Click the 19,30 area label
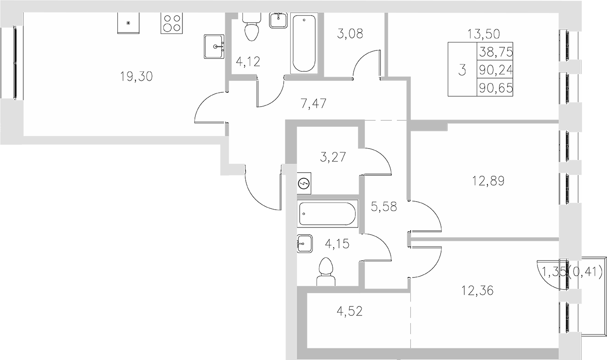coord(136,77)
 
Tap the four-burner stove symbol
coord(171,23)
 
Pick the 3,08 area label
coord(350,33)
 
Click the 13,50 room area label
coord(483,33)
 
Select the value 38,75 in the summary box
coord(495,52)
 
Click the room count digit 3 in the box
coord(462,70)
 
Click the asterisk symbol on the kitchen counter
coord(128,23)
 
